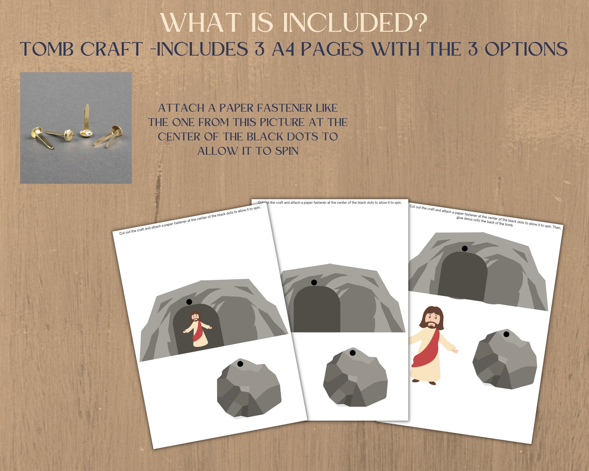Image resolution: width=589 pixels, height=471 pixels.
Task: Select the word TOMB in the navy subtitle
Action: coord(46,49)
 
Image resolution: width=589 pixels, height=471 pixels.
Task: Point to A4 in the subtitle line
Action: coord(283,49)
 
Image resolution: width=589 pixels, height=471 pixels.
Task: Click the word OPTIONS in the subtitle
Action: coord(526,49)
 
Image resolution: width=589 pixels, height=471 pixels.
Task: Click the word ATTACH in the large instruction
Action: coord(181,108)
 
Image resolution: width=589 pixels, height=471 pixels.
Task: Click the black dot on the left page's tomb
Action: coord(189,302)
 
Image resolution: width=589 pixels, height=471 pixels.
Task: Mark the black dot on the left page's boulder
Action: coord(240,364)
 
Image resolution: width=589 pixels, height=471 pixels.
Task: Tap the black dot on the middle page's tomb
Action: coord(314,283)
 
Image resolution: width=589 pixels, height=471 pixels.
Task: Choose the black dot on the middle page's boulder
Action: coord(353,353)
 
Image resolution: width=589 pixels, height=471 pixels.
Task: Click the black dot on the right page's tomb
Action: coord(465,248)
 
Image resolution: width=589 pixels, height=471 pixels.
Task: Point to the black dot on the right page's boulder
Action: coord(506,334)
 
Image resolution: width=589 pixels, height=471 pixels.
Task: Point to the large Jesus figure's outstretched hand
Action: coord(455,350)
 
